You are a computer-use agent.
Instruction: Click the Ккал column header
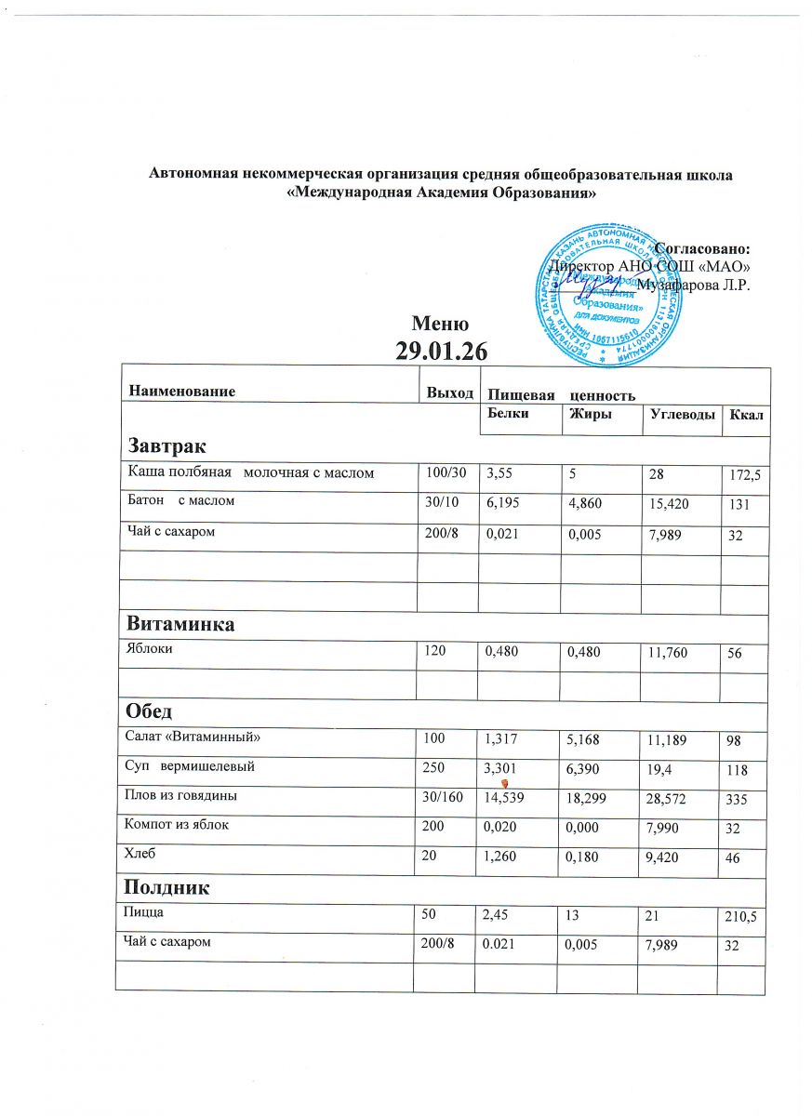[x=746, y=415]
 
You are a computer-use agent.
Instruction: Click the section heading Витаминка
[x=180, y=624]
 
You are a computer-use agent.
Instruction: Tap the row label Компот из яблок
[x=177, y=822]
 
